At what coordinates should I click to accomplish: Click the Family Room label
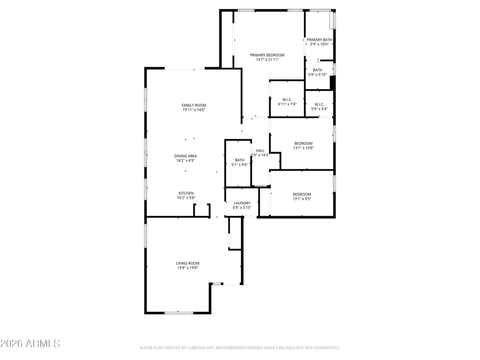194,105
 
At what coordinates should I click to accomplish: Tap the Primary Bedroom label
267,55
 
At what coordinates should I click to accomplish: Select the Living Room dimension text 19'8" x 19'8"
188,268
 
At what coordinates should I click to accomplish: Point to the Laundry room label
242,203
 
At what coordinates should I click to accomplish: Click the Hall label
260,150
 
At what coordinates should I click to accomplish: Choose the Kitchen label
186,193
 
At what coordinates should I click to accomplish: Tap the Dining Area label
185,156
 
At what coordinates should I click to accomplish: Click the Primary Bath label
319,40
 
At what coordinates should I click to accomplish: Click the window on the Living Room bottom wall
179,312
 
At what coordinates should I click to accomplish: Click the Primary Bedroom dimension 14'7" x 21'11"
267,60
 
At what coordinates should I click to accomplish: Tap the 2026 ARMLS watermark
30,343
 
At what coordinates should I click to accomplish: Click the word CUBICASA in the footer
196,348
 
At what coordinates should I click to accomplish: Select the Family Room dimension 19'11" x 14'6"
194,110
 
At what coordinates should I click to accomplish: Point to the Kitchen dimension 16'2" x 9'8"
186,198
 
